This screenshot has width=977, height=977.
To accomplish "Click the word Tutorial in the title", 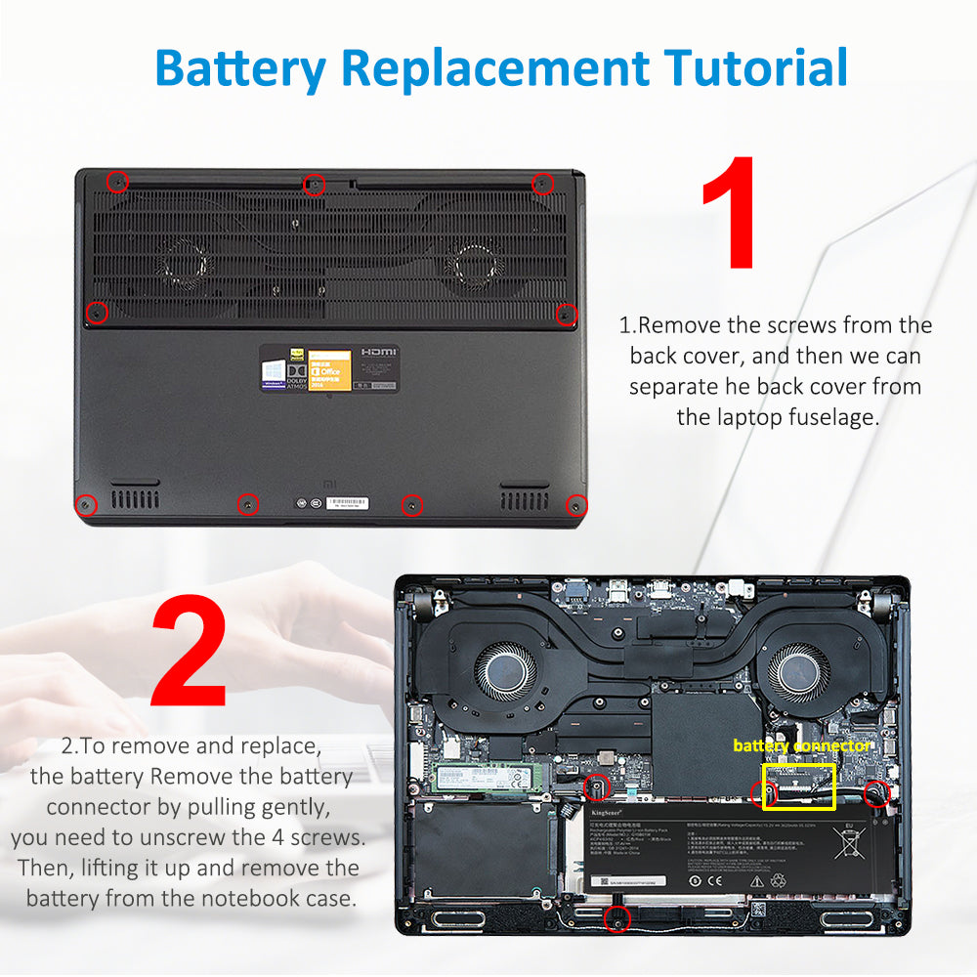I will [756, 68].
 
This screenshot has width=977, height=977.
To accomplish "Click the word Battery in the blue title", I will [239, 68].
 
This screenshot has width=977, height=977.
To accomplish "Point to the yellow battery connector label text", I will [801, 745].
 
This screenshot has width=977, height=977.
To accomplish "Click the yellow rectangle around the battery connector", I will [798, 786].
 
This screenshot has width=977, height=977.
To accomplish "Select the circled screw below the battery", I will [616, 917].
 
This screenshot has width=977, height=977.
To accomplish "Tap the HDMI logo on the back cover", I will [378, 351].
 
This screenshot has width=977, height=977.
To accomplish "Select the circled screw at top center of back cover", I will [314, 184].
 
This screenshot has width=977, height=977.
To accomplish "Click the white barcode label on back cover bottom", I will [347, 504].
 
